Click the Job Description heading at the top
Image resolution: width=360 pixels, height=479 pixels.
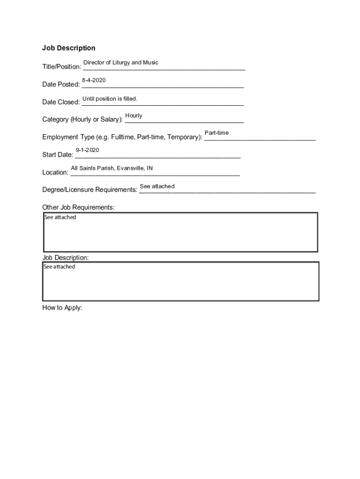click(x=69, y=48)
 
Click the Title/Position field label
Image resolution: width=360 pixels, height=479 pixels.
click(x=61, y=67)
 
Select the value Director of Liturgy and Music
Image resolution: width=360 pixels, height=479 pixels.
click(x=121, y=63)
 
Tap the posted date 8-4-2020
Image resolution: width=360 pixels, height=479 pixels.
click(x=94, y=80)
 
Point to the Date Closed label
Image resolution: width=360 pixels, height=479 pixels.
click(x=61, y=102)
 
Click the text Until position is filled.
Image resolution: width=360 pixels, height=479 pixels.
click(x=110, y=99)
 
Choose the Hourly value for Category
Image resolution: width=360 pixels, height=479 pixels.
click(x=134, y=116)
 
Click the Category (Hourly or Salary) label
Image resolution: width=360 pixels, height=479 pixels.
click(x=82, y=119)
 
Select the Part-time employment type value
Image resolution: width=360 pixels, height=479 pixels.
click(x=216, y=133)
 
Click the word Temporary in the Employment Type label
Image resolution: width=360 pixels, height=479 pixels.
click(x=184, y=137)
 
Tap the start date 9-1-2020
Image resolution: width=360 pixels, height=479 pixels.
click(x=87, y=150)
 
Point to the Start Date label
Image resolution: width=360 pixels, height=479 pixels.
click(x=58, y=155)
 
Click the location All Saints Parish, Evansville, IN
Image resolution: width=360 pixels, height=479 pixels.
click(x=112, y=168)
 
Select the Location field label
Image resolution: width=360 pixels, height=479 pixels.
click(x=55, y=173)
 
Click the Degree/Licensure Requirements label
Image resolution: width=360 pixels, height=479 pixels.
click(x=90, y=190)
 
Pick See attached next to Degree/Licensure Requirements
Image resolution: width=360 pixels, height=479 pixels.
click(x=157, y=186)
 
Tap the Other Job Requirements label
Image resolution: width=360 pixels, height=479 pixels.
click(x=79, y=207)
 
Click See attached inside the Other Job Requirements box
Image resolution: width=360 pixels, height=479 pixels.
click(x=60, y=218)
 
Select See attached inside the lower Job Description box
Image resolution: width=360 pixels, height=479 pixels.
click(x=59, y=267)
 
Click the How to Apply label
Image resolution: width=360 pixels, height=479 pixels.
click(x=62, y=308)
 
